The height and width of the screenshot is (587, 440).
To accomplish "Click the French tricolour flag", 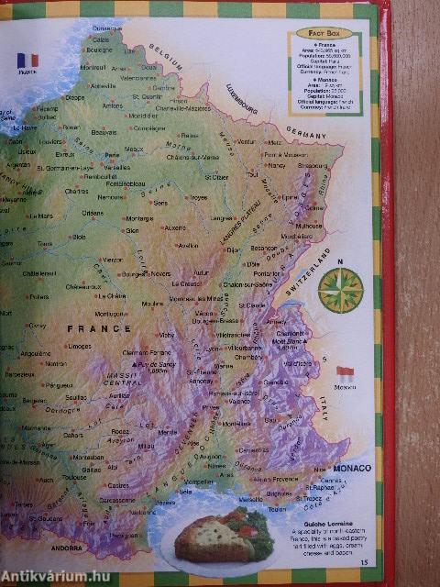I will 27,61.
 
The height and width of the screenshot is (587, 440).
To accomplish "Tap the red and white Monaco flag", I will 345,373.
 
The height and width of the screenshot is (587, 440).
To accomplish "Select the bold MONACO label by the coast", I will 351,469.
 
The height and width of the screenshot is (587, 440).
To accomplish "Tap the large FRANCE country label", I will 93,327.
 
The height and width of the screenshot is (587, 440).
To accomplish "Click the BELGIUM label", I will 168,55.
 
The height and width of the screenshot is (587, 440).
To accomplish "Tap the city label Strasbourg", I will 312,166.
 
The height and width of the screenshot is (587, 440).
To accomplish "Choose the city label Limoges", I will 80,346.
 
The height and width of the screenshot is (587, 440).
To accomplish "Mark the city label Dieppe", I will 74,96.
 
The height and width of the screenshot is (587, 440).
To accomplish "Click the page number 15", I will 364,562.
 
